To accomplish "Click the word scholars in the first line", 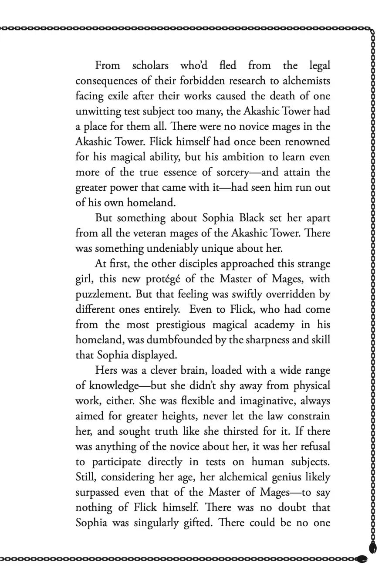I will point(150,66).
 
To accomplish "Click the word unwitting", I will point(96,112).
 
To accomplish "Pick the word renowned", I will point(306,142).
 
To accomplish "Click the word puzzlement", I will point(102,294).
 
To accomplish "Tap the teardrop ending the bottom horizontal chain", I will point(362,558).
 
